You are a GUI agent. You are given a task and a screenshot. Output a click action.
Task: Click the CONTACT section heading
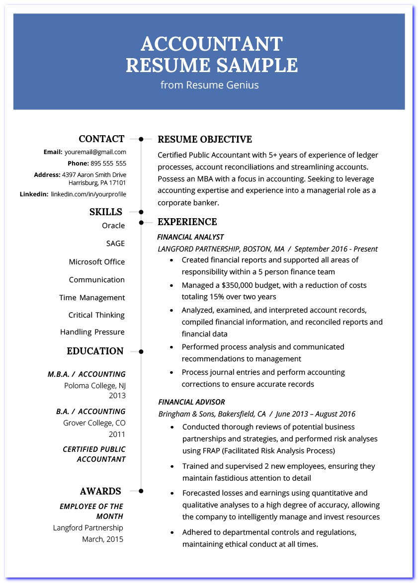101,139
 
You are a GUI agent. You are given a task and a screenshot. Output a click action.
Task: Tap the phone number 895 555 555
108,163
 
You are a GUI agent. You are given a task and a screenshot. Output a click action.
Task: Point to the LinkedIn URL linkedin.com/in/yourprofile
88,194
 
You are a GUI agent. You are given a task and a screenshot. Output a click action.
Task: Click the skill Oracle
113,226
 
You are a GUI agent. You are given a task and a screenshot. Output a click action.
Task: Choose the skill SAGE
115,244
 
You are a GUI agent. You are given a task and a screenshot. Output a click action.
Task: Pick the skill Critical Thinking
96,315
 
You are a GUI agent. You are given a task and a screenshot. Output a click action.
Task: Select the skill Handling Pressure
92,332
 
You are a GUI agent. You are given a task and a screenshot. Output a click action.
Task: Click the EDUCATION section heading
95,351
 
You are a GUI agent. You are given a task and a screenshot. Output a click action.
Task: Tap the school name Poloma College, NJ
95,385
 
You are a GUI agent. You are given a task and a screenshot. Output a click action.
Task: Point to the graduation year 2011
117,434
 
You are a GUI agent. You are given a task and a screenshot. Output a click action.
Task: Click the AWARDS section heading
100,492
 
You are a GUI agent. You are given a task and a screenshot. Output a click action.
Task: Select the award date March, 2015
103,539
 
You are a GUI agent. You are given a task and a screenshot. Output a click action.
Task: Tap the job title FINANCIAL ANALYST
190,237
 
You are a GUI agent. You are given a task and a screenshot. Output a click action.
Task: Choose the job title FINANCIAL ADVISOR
191,402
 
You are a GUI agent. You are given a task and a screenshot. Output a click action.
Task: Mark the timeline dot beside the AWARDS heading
141,491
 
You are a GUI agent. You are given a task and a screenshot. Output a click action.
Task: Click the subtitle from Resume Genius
209,85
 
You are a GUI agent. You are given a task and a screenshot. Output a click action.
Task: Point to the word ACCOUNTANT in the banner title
212,44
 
